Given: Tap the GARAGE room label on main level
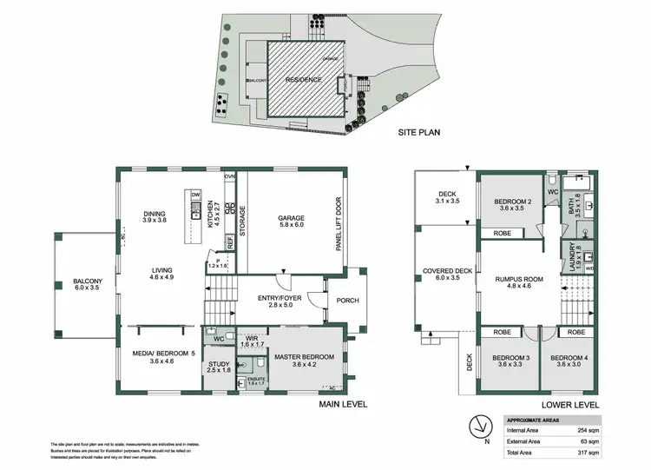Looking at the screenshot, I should click(x=290, y=218).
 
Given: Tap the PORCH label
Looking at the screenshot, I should click(x=347, y=301).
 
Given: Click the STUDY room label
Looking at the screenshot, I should click(x=219, y=365).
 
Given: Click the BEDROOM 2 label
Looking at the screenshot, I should click(x=511, y=202).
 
